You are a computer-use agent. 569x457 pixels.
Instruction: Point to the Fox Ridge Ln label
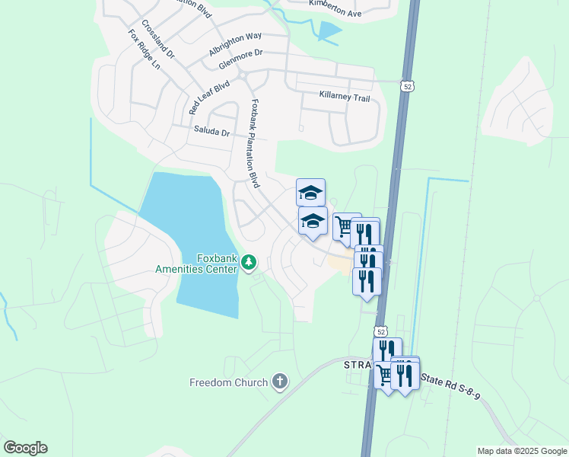pos(145,50)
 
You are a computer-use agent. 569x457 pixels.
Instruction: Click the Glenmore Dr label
pos(240,59)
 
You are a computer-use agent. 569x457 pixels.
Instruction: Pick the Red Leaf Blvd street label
pos(209,98)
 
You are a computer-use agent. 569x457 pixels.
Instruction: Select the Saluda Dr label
pos(211,132)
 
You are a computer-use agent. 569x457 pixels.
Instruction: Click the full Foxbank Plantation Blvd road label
pos(256,144)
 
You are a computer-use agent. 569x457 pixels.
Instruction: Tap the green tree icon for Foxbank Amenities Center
pos(249,264)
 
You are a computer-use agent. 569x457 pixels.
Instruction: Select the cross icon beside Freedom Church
pos(280,382)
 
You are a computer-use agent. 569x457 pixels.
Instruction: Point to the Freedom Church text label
pos(228,382)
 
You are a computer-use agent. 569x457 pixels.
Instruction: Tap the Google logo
pos(25,448)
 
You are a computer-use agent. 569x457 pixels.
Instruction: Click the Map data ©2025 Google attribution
pos(521,451)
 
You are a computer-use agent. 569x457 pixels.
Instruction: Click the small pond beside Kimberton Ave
pos(329,30)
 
